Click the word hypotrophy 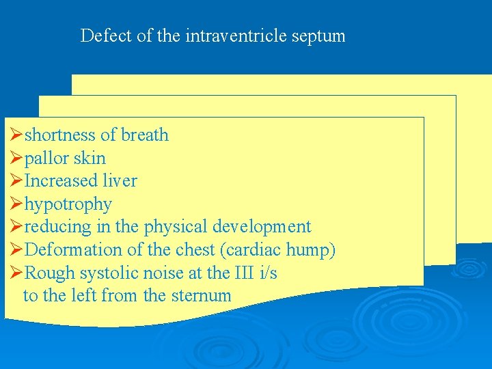click(x=68, y=204)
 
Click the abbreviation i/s click(x=269, y=273)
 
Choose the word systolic click(x=109, y=273)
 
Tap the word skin click(x=90, y=159)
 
